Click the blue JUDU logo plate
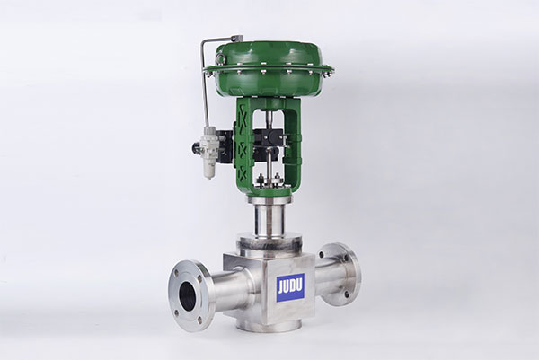[290, 287]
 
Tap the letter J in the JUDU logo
[281, 287]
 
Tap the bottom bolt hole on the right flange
[347, 294]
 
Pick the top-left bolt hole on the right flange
[322, 255]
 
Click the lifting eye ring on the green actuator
[219, 61]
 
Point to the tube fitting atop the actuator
[237, 38]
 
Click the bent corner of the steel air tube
[204, 43]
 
